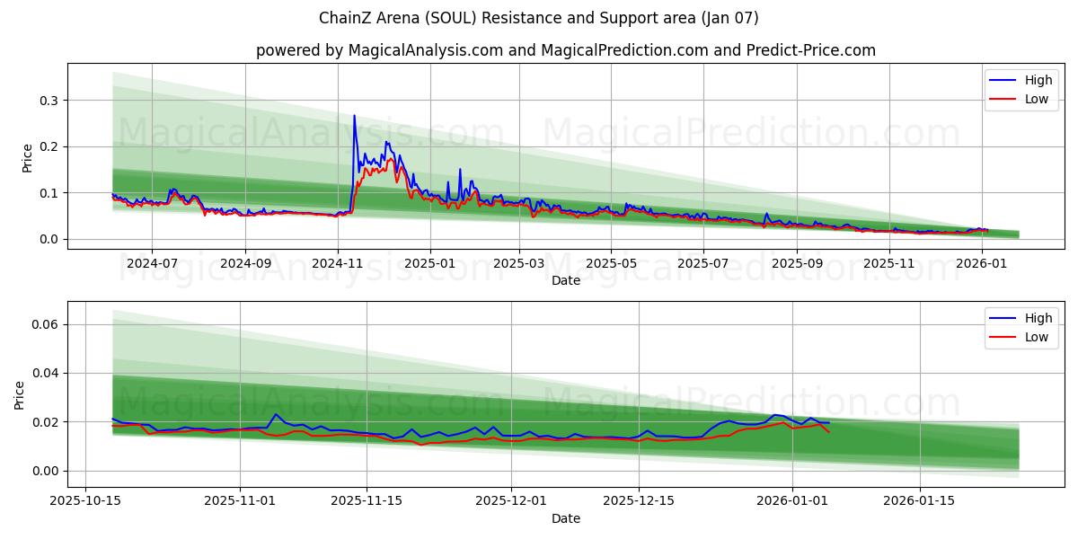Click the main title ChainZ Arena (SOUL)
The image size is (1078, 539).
pos(538,18)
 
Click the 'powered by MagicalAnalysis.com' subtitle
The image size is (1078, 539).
pos(565,50)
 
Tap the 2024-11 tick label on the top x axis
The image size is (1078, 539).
pos(338,263)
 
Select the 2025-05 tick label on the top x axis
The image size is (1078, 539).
pos(611,263)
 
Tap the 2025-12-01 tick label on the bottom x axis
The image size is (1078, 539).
pos(511,501)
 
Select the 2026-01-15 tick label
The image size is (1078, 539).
pos(919,501)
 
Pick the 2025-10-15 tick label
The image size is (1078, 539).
pos(86,501)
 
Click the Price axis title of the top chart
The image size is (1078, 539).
pos(27,158)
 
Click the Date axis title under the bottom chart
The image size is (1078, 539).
pos(565,518)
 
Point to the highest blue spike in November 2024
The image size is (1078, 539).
pos(354,116)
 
